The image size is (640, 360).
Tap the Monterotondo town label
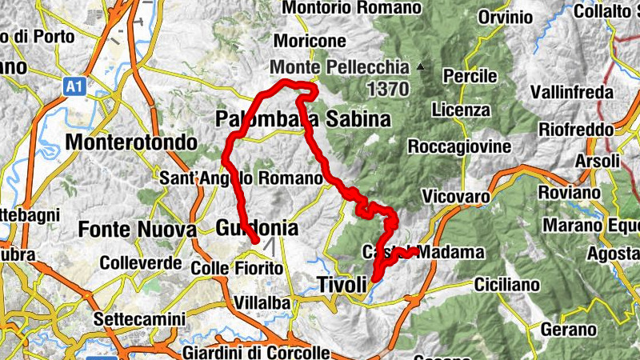[132, 142]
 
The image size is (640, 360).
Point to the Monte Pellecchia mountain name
[340, 68]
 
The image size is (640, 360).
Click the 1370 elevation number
[388, 87]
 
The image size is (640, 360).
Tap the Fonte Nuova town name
[137, 230]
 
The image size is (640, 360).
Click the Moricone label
[310, 40]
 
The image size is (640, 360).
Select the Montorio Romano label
[352, 8]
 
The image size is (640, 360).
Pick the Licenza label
[460, 109]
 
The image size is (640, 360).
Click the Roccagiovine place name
[458, 146]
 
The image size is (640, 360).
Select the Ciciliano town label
[510, 284]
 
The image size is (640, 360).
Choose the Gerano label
[569, 330]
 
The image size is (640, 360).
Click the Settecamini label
[139, 318]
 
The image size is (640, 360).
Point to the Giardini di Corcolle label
[255, 353]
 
